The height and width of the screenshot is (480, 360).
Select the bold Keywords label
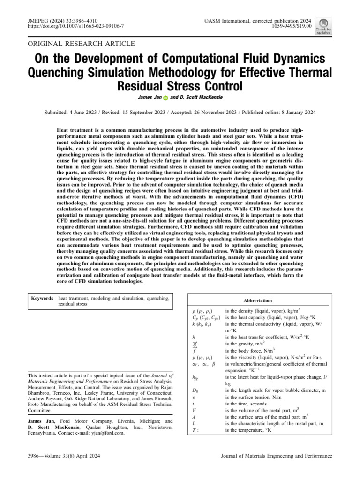tap(42, 298)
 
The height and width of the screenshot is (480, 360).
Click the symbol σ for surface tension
tap(194, 397)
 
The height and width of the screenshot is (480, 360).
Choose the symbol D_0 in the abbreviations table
tap(195, 390)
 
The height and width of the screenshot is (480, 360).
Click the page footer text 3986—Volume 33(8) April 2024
tap(64, 456)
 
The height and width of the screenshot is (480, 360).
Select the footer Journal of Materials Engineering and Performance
tap(276, 456)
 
